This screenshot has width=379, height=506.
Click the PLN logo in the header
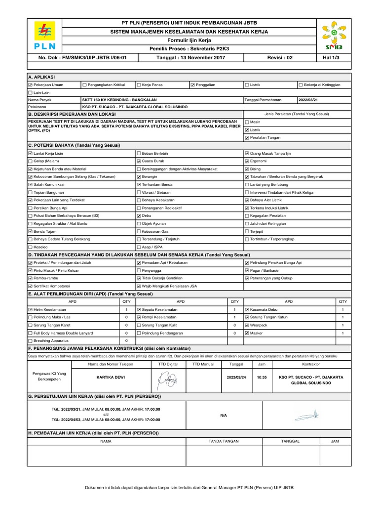tap(44, 37)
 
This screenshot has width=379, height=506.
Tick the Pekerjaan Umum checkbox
tap(31, 85)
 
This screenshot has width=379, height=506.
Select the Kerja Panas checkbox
tap(139, 85)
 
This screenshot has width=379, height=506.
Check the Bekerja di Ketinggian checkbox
tap(301, 85)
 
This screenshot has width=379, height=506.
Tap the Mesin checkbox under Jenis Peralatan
tap(247, 122)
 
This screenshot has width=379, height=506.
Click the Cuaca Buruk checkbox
tap(139, 161)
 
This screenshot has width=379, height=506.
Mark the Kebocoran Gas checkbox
tap(139, 231)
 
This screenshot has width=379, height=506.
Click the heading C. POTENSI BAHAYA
tap(74, 145)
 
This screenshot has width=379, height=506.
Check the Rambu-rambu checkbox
tap(31, 278)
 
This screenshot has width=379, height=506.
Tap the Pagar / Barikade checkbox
tap(247, 270)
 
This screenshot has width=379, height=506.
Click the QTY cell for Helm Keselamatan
tap(126, 309)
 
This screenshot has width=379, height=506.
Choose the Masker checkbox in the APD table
tap(247, 333)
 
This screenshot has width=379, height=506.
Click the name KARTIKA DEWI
tap(111, 377)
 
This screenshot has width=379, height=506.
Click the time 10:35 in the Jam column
tap(262, 377)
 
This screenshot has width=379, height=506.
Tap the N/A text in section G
tap(224, 416)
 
